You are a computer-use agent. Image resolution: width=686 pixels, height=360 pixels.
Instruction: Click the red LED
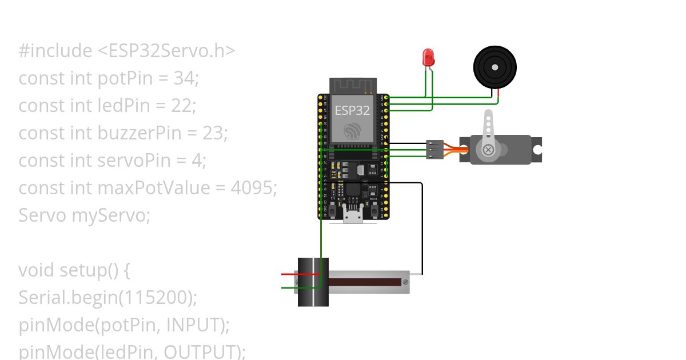428,57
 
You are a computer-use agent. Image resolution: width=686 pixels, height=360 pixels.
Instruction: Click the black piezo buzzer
495,67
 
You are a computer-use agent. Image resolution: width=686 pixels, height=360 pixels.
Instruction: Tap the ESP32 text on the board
352,111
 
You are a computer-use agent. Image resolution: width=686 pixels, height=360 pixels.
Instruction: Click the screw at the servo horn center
488,150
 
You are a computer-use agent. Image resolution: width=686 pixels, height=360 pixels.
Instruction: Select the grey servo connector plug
434,150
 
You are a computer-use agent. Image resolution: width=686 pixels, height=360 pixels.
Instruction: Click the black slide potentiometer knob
313,282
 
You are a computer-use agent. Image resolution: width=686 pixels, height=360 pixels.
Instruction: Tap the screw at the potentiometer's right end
405,282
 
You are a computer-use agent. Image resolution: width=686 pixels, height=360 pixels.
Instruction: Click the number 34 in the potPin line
184,78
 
